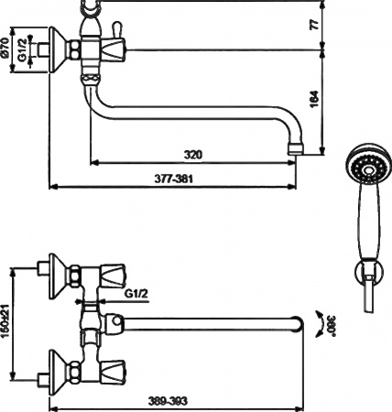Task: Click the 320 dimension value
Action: [191, 155]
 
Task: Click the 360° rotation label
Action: [318, 321]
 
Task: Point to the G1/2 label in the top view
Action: [136, 293]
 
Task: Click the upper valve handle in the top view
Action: [114, 275]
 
